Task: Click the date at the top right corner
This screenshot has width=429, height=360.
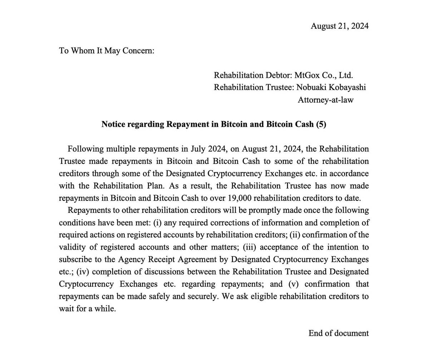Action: (339, 26)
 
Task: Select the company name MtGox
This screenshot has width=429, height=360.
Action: (307, 75)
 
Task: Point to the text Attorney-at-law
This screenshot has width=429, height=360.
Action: (325, 100)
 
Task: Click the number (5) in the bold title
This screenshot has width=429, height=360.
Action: (321, 124)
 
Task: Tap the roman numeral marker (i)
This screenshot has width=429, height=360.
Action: (157, 223)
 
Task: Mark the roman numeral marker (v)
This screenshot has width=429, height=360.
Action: (293, 284)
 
